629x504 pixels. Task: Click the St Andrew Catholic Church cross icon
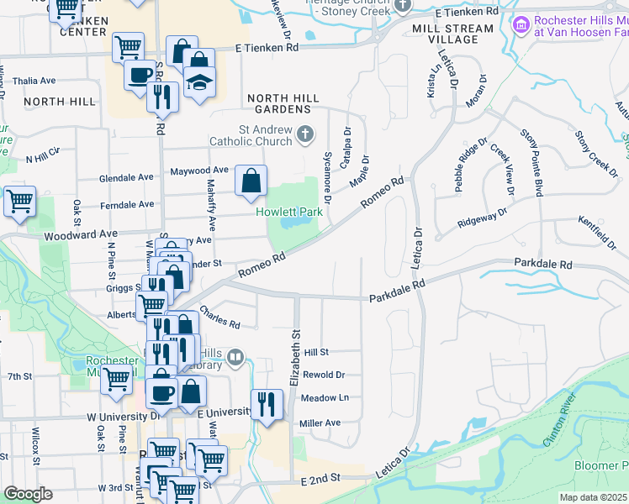click(304, 134)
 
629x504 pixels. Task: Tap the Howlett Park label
click(290, 212)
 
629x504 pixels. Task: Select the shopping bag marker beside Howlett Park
click(251, 180)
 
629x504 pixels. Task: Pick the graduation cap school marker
click(200, 83)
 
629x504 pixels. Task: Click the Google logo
click(27, 494)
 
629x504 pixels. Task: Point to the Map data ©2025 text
click(594, 497)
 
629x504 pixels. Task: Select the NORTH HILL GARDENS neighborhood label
click(283, 104)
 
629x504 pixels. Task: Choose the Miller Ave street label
click(320, 423)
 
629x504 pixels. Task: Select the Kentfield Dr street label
click(597, 233)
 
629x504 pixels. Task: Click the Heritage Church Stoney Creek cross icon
click(402, 6)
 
